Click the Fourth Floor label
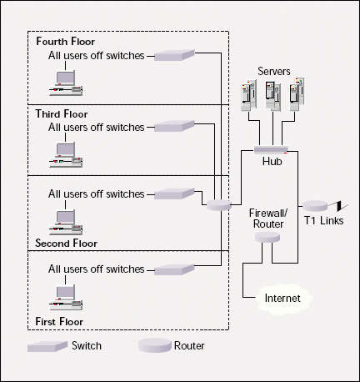[66, 42]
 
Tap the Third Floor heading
[62, 114]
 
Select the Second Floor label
[66, 244]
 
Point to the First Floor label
[59, 322]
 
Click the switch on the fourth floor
[174, 55]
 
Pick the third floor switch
[174, 126]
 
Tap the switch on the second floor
[174, 194]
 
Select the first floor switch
[174, 269]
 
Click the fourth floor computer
[66, 83]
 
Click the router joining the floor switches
[219, 205]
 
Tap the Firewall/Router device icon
[267, 237]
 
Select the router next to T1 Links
[315, 205]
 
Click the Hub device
[271, 150]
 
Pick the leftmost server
[248, 95]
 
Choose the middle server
[272, 95]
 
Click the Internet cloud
[284, 299]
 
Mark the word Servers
[274, 71]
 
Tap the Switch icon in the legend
[47, 346]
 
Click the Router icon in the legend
[155, 345]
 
